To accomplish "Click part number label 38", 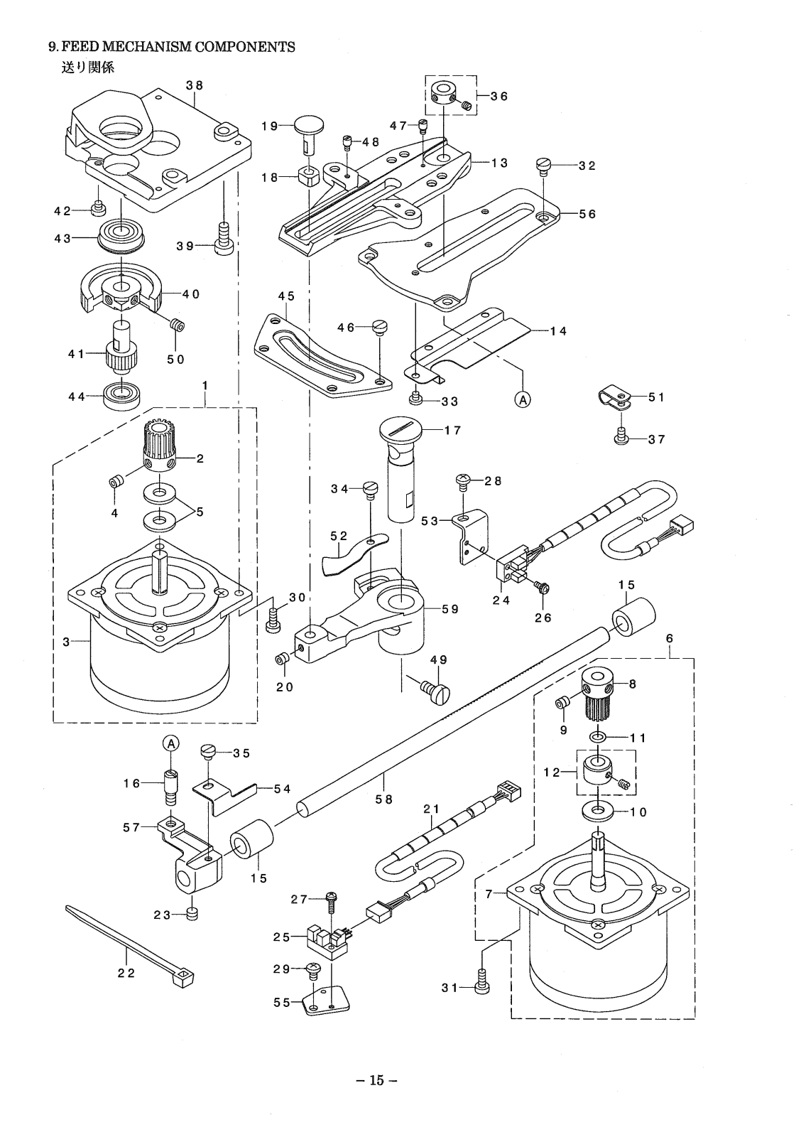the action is [x=195, y=85].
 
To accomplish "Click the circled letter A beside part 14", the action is [x=523, y=400].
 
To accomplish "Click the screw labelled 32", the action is [x=543, y=166].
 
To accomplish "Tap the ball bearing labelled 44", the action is [x=122, y=396].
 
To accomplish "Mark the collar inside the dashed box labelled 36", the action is [x=442, y=93].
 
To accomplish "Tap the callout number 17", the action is [x=453, y=431].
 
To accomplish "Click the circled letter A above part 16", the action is [x=171, y=743].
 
